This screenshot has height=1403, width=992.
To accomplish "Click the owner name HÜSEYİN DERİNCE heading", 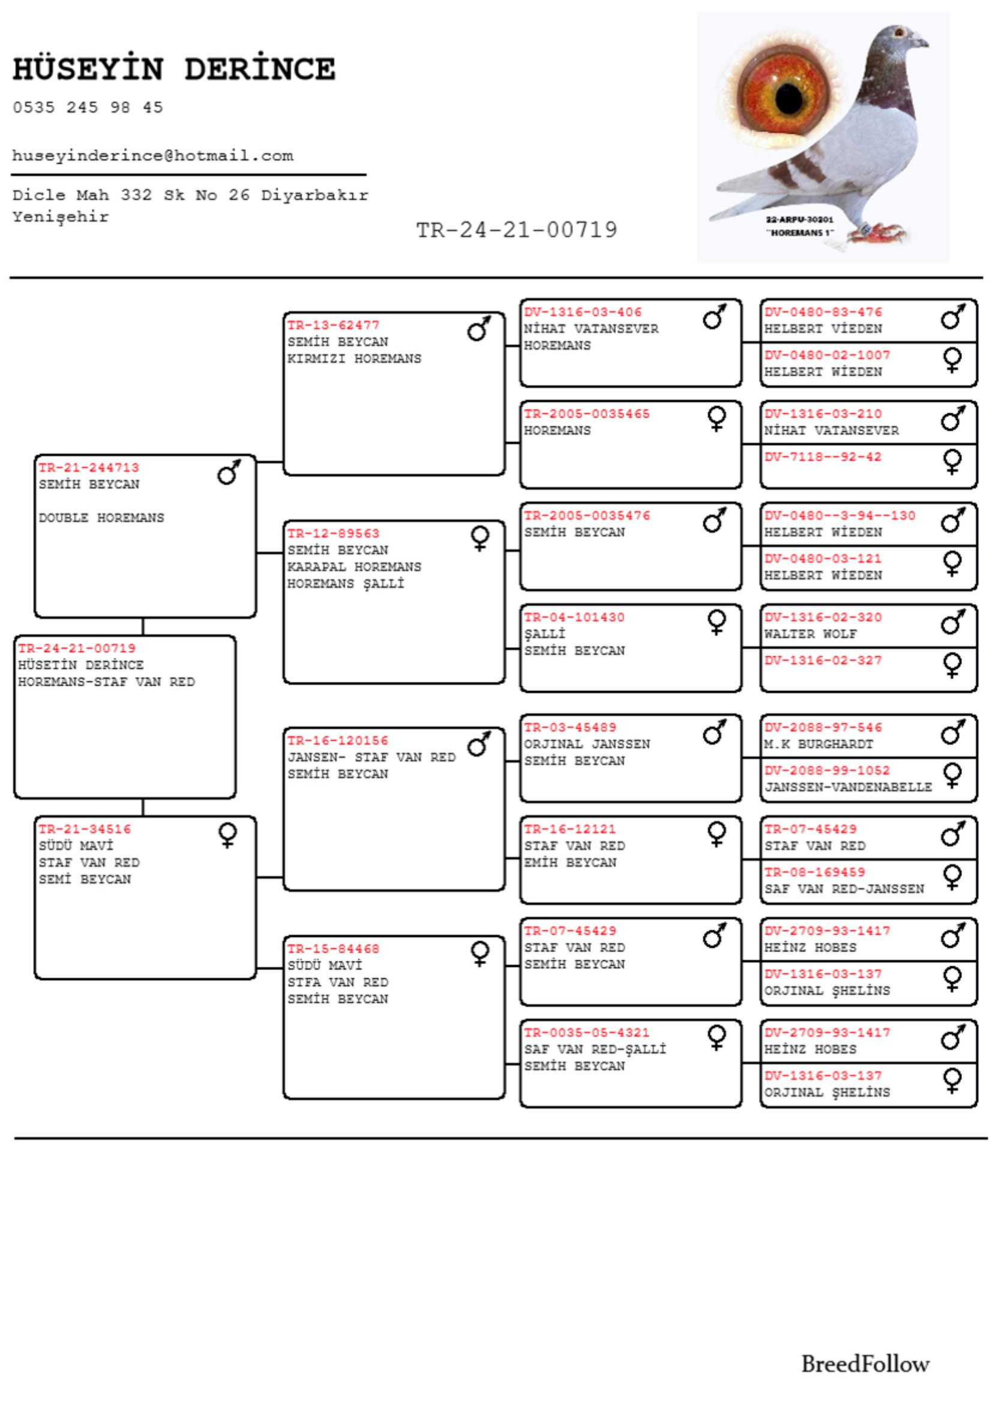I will point(174,69).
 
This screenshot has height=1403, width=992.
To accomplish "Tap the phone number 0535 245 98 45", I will point(88,107).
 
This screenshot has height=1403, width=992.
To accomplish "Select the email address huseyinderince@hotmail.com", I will point(153,156).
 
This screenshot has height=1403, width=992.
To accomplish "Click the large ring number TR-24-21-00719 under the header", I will point(517,230).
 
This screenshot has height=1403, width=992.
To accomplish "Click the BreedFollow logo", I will point(865,1363).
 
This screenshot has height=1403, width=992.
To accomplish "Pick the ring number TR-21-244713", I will point(89,467).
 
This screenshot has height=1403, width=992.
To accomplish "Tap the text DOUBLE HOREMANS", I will point(101,518).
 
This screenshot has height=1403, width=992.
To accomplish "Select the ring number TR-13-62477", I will point(333,325).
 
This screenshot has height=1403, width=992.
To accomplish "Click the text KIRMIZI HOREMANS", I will point(355,359).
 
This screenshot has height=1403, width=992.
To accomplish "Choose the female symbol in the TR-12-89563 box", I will point(480,538).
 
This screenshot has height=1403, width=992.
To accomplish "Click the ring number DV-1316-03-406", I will point(583,312).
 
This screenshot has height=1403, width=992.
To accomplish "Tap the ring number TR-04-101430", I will point(574,617).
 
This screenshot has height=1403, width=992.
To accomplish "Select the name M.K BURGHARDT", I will point(819,744).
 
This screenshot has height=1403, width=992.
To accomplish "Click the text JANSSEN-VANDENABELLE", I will point(848,787).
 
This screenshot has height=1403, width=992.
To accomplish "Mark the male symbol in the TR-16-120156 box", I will point(478,744).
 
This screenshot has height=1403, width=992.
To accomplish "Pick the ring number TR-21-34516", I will point(85,829).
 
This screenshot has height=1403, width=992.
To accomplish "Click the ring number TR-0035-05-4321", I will point(586,1033).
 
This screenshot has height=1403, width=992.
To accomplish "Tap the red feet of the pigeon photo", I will point(881,233).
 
